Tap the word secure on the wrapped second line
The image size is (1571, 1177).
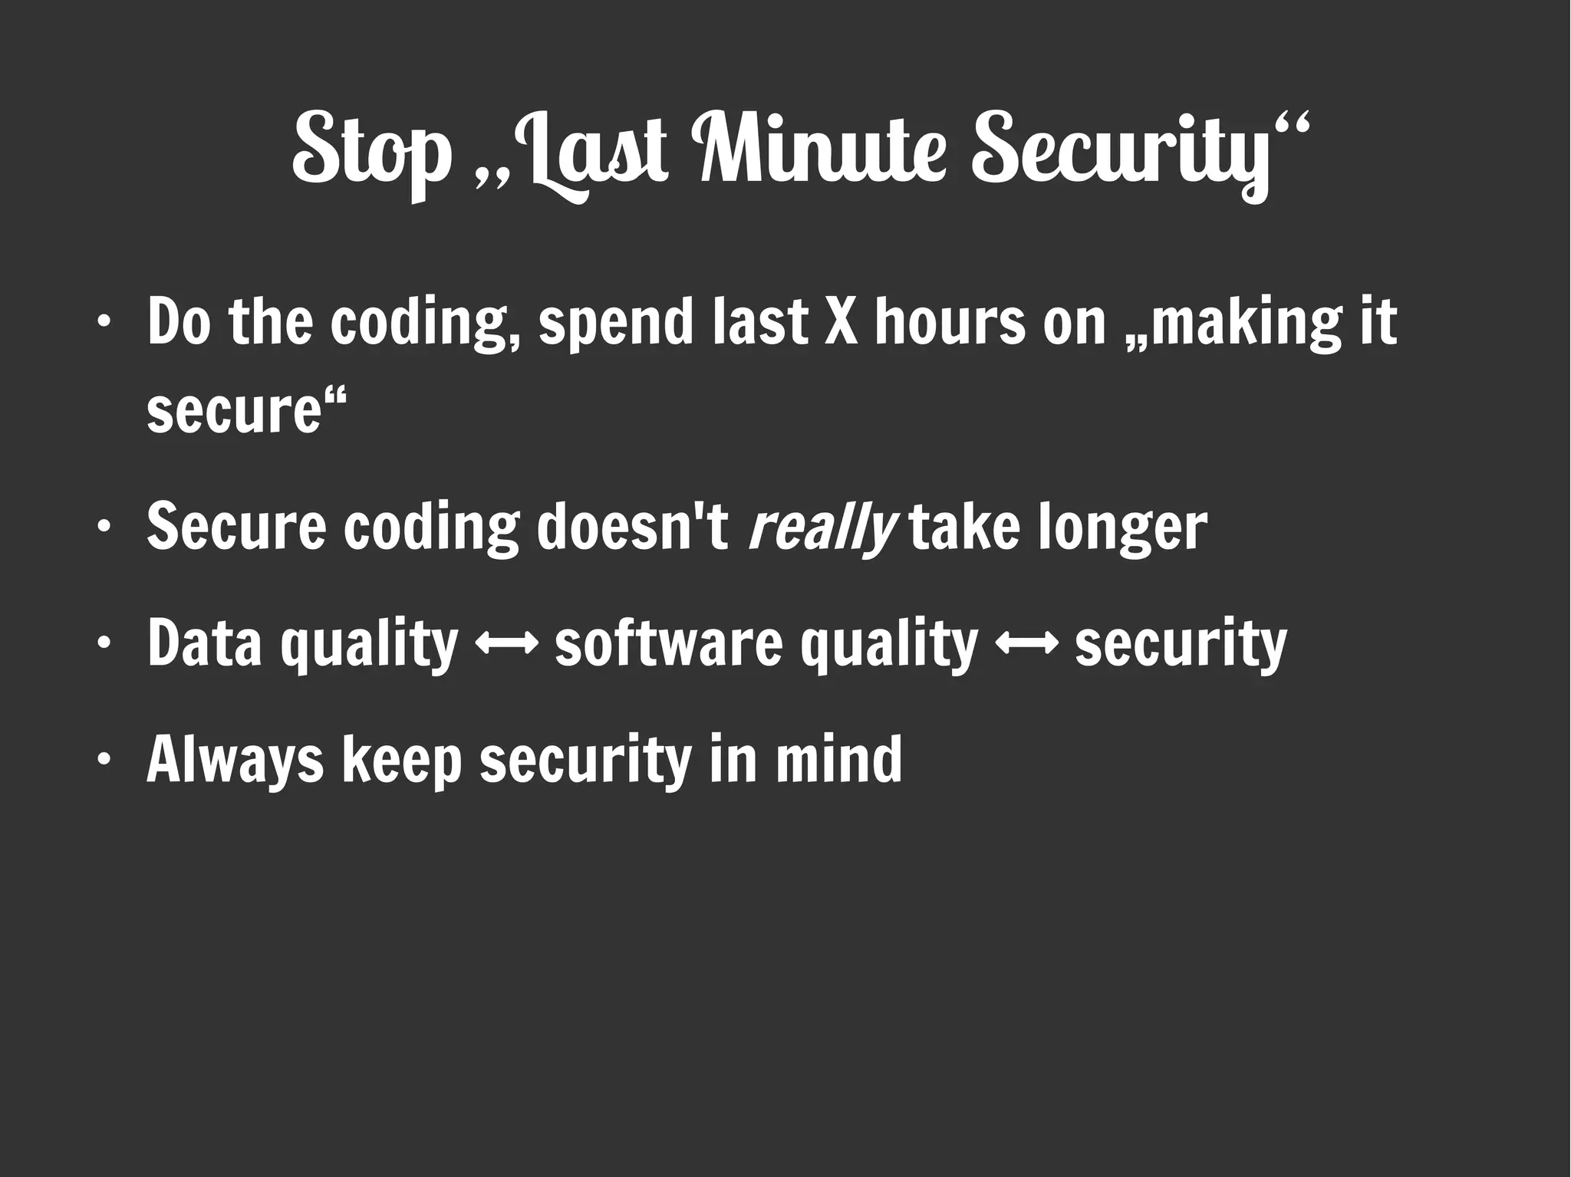(x=233, y=410)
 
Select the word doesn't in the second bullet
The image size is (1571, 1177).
(x=633, y=527)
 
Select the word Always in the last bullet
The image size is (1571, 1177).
(x=235, y=761)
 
